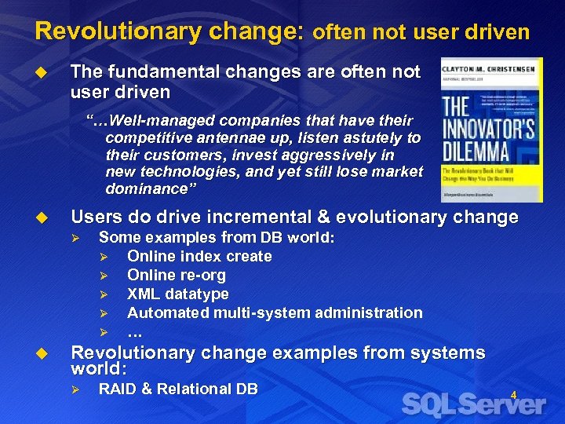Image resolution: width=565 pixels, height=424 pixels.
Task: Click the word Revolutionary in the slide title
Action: point(96,31)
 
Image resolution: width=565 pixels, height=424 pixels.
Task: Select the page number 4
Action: point(514,394)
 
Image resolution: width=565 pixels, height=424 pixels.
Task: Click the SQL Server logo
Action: point(473,404)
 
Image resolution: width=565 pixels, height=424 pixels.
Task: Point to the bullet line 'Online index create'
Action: point(199,256)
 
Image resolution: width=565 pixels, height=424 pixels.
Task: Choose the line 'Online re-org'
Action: point(177,275)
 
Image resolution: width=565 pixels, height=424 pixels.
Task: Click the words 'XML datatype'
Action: point(178,294)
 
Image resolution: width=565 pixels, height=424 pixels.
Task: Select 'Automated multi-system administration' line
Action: point(275,313)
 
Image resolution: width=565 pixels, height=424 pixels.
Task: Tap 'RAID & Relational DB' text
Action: point(178,389)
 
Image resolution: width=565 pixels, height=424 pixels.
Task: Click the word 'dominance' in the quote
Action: point(145,189)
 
